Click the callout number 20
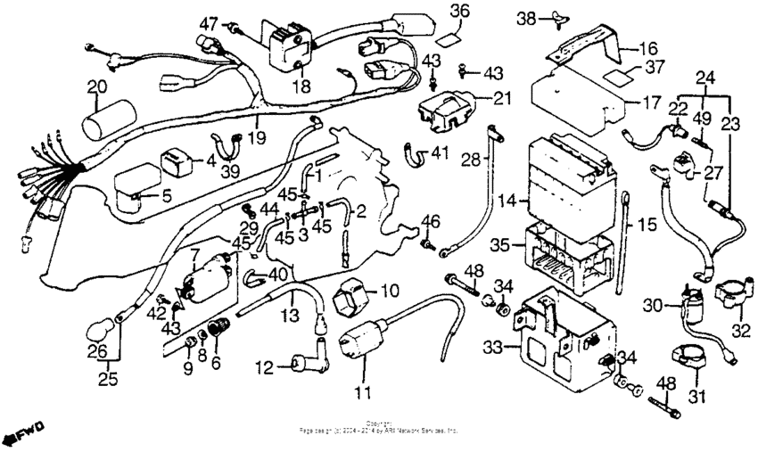click(96, 86)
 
